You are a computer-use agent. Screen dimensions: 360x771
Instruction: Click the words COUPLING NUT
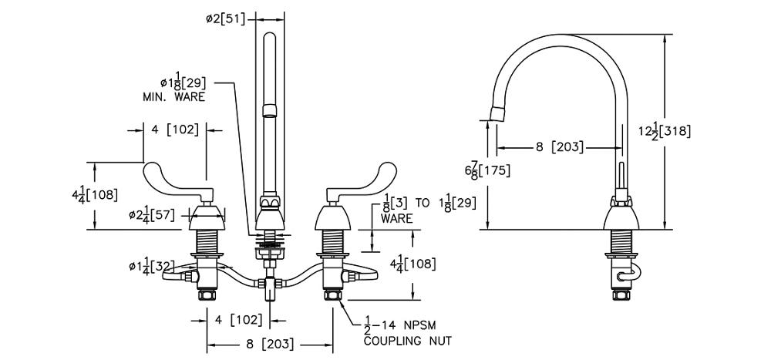(x=407, y=340)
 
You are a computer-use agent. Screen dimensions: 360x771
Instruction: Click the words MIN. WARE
(x=173, y=98)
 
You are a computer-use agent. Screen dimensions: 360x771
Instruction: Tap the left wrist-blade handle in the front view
(x=173, y=181)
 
